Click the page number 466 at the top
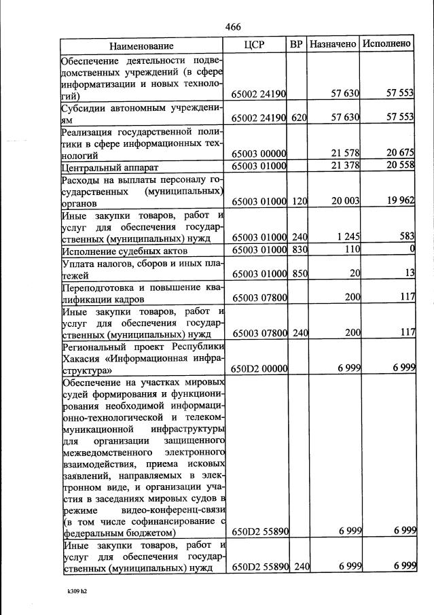click(x=233, y=27)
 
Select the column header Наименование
click(x=141, y=46)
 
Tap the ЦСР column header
click(x=253, y=44)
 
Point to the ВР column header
click(x=296, y=44)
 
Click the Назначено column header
click(x=333, y=44)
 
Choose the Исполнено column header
click(x=386, y=44)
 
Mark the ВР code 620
click(x=299, y=118)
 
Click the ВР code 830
click(x=299, y=251)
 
